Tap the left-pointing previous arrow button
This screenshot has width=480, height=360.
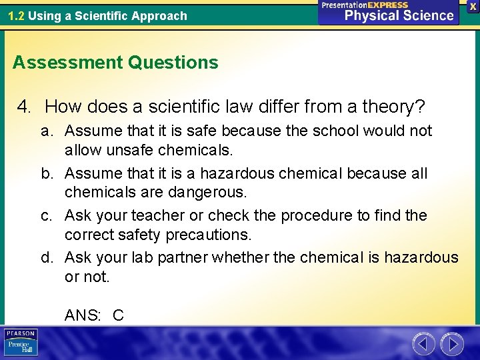423,344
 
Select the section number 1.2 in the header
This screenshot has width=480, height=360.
17,15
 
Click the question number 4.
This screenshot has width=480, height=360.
24,106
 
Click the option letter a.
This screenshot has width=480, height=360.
46,131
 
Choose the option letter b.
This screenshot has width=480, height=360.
47,173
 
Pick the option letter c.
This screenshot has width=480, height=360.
46,216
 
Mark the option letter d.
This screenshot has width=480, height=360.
47,258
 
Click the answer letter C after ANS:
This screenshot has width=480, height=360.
118,315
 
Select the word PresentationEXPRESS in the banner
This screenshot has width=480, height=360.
365,5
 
